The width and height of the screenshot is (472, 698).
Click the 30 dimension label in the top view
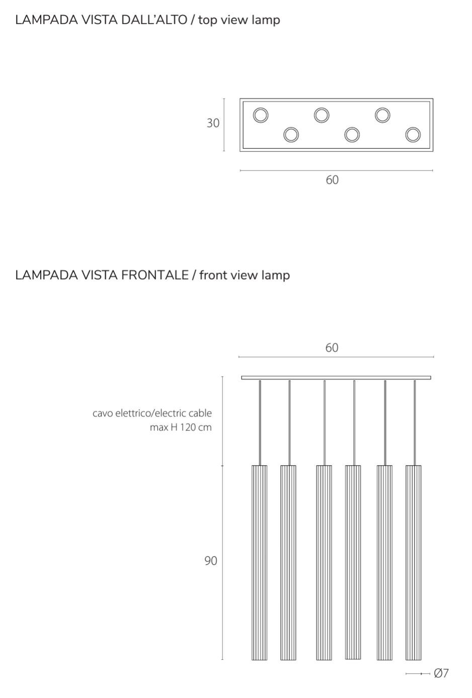point(213,123)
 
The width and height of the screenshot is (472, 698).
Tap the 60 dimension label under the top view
point(332,180)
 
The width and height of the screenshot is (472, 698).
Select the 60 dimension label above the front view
point(332,348)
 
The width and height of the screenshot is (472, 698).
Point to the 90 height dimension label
point(211,561)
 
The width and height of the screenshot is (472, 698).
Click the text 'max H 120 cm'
point(181,427)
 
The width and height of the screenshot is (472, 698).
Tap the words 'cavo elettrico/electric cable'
point(152,413)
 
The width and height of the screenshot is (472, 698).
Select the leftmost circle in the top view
point(261,115)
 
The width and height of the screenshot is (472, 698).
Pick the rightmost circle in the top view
point(413,135)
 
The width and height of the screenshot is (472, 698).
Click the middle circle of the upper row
point(322,115)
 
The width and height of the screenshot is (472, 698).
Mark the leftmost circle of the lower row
point(291,135)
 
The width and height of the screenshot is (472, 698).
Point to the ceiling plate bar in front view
point(336,378)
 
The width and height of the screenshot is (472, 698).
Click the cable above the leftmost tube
point(260,422)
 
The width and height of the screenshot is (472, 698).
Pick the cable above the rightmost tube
point(415,422)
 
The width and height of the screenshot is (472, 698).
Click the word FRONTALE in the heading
point(154,275)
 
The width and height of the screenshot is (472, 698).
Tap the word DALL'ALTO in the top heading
point(154,20)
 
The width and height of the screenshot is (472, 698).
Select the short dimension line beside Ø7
point(418,674)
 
